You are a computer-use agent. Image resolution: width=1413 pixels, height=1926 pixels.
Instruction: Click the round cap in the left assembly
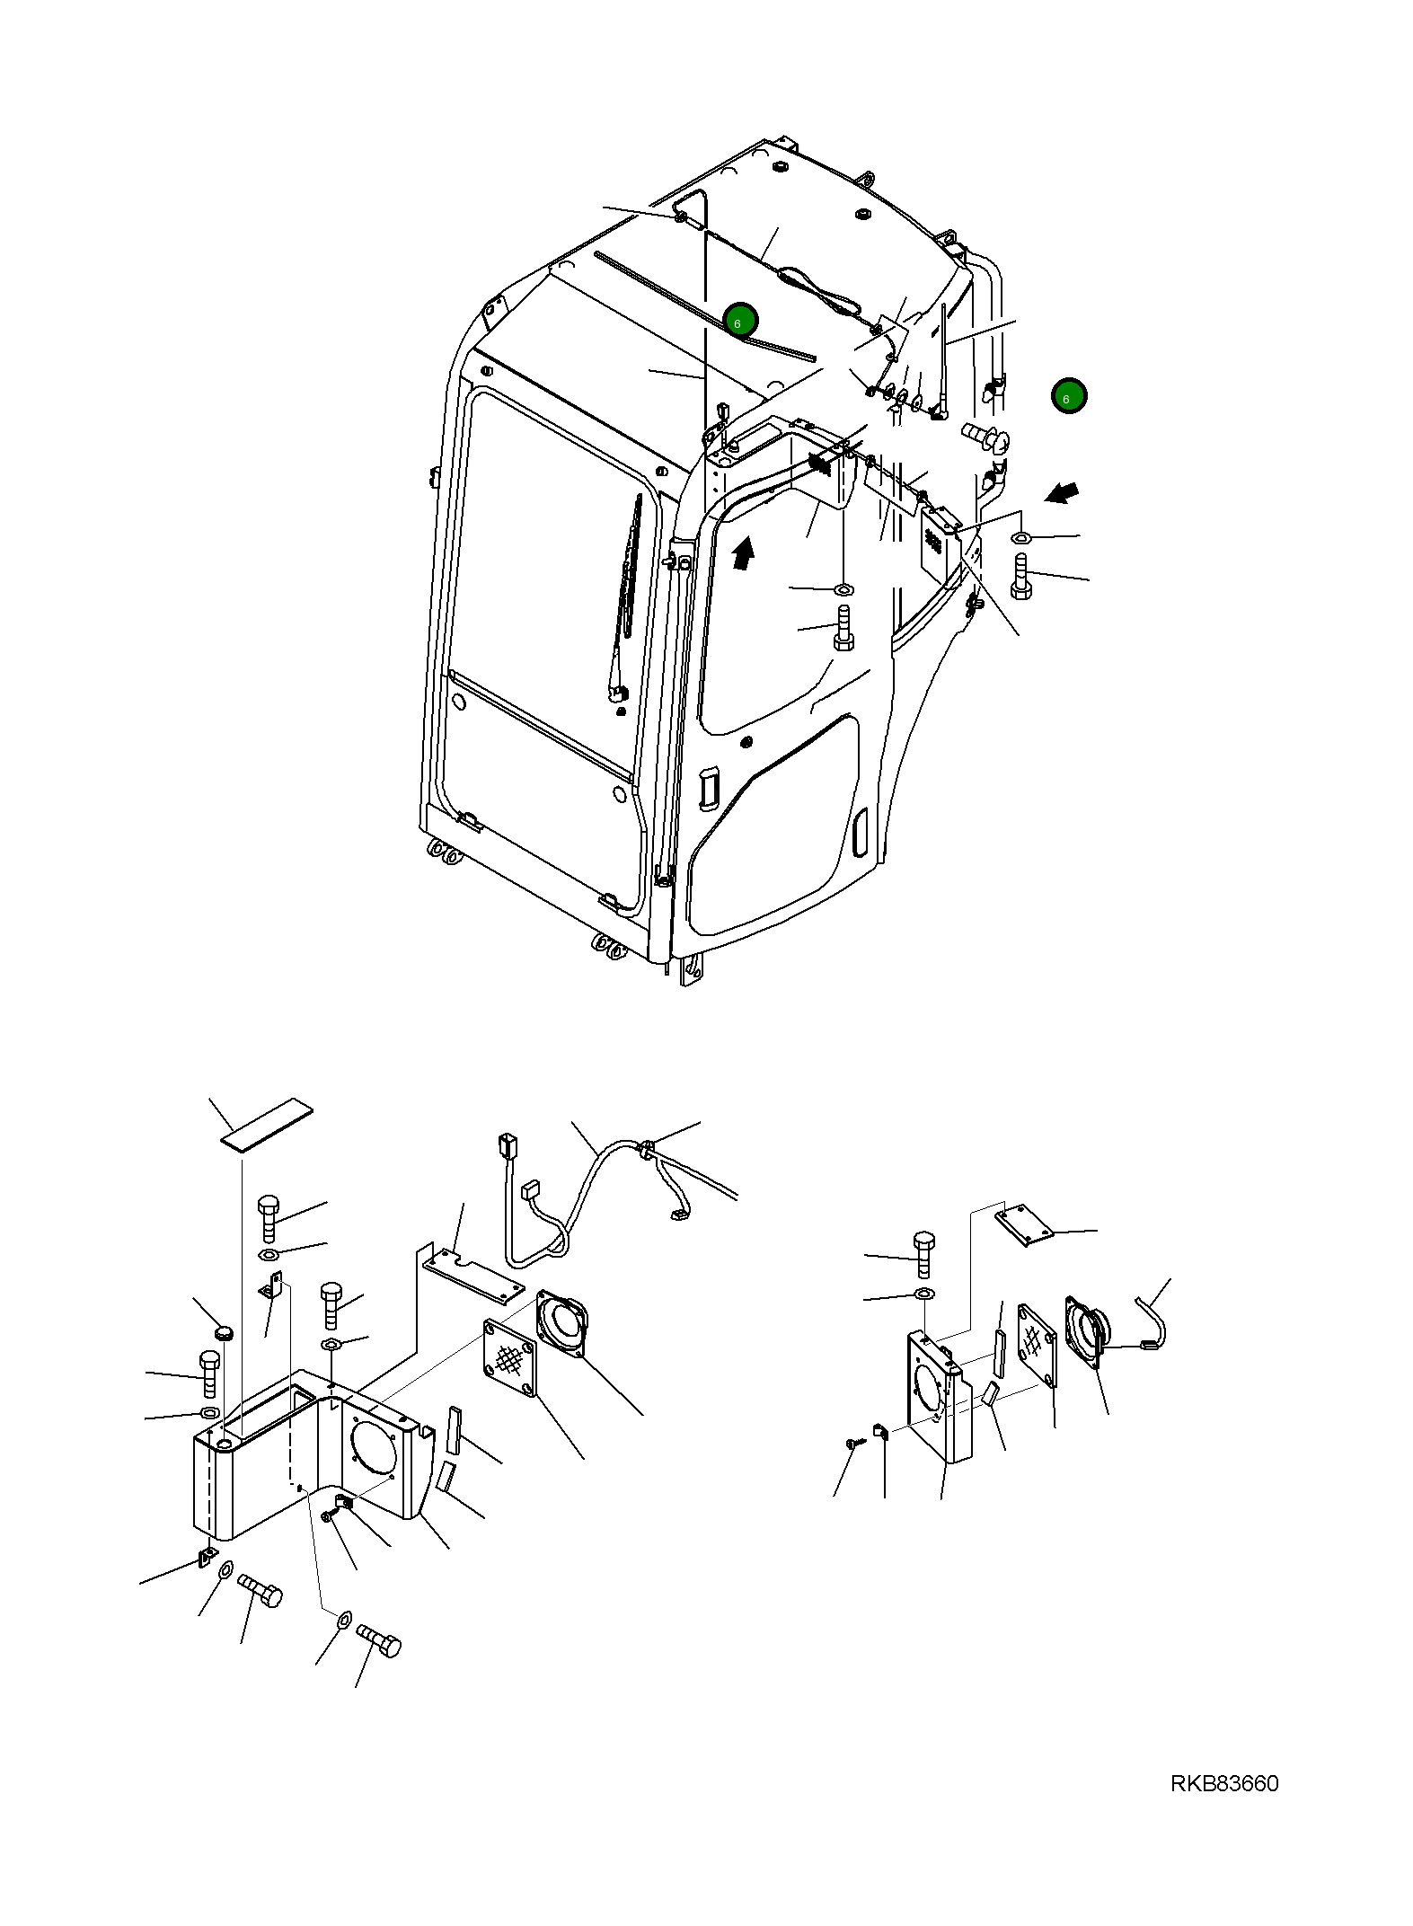click(224, 1330)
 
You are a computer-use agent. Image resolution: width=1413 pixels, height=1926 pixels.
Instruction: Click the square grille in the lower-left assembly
click(509, 1357)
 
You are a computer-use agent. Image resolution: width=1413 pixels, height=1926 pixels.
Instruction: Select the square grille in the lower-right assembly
click(1036, 1344)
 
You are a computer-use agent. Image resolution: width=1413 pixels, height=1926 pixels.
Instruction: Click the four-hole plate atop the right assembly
click(1025, 1226)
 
